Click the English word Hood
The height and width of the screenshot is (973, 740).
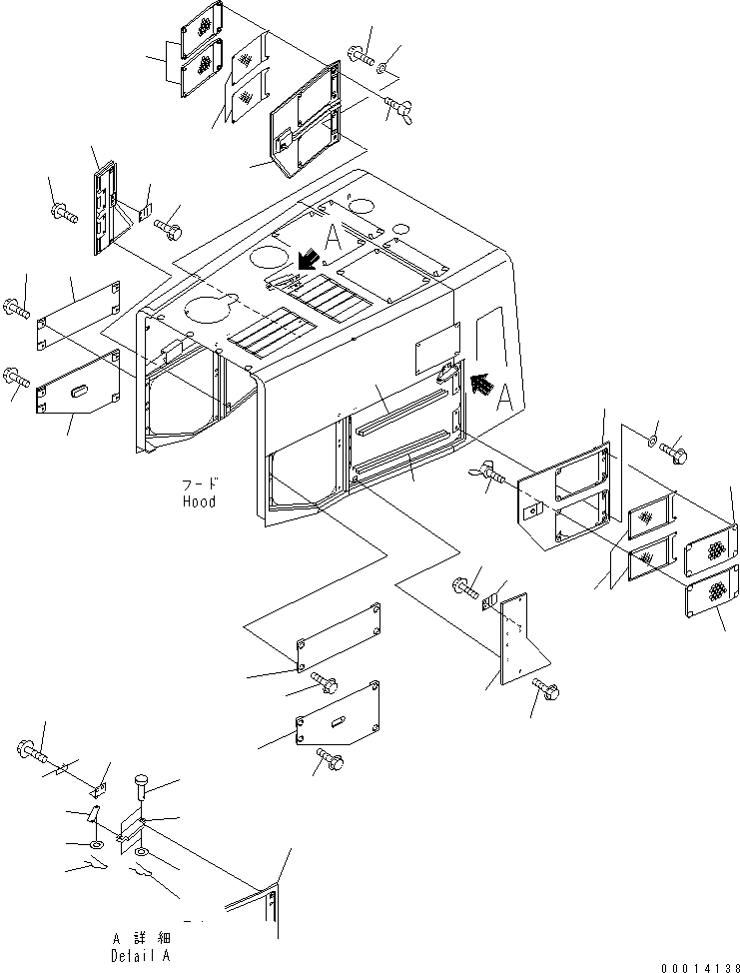[199, 501]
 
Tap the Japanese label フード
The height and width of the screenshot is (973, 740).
[201, 484]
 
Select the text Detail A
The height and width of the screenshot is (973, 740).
[140, 956]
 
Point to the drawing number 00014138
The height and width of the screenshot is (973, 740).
[700, 968]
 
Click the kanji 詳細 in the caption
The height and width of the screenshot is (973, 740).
[150, 938]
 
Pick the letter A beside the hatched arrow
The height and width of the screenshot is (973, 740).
[505, 398]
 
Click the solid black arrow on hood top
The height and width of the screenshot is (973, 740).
[308, 260]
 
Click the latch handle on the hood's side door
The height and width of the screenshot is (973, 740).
[445, 373]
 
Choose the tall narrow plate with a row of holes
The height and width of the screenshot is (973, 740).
[513, 638]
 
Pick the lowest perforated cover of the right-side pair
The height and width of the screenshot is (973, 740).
[712, 590]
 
